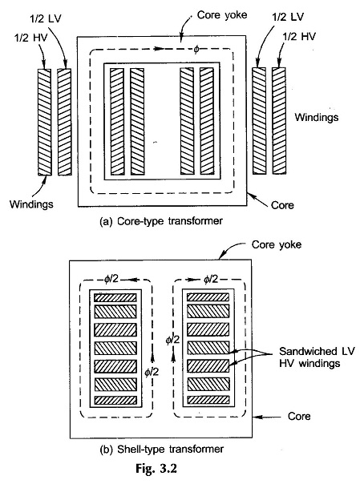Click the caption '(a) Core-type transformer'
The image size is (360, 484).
pyautogui.click(x=161, y=221)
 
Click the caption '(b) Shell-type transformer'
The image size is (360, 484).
pyautogui.click(x=161, y=449)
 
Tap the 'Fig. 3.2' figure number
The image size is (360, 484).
pyautogui.click(x=156, y=469)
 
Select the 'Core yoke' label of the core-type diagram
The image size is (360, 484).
pyautogui.click(x=222, y=15)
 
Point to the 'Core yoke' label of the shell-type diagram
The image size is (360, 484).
pyautogui.click(x=277, y=244)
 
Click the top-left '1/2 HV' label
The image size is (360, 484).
pyautogui.click(x=31, y=38)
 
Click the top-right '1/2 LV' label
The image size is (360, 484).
pyautogui.click(x=288, y=17)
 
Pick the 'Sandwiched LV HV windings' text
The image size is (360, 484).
pyautogui.click(x=317, y=357)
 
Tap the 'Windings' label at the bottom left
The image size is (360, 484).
pyautogui.click(x=31, y=204)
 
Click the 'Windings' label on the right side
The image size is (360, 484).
pyautogui.click(x=316, y=117)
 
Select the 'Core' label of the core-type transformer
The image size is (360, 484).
pyautogui.click(x=282, y=205)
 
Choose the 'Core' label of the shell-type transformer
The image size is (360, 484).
pyautogui.click(x=299, y=416)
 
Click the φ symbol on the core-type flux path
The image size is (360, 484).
pyautogui.click(x=196, y=50)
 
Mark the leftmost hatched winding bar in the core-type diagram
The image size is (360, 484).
pyautogui.click(x=44, y=122)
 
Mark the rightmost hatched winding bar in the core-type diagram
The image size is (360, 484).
pyautogui.click(x=279, y=121)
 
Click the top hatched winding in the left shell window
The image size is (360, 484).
pyautogui.click(x=115, y=297)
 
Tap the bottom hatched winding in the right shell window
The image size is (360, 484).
pyautogui.click(x=208, y=400)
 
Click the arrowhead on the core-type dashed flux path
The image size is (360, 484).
pyautogui.click(x=159, y=48)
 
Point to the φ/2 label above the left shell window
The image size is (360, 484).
pyautogui.click(x=111, y=279)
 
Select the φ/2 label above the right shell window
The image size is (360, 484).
pyautogui.click(x=211, y=280)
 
